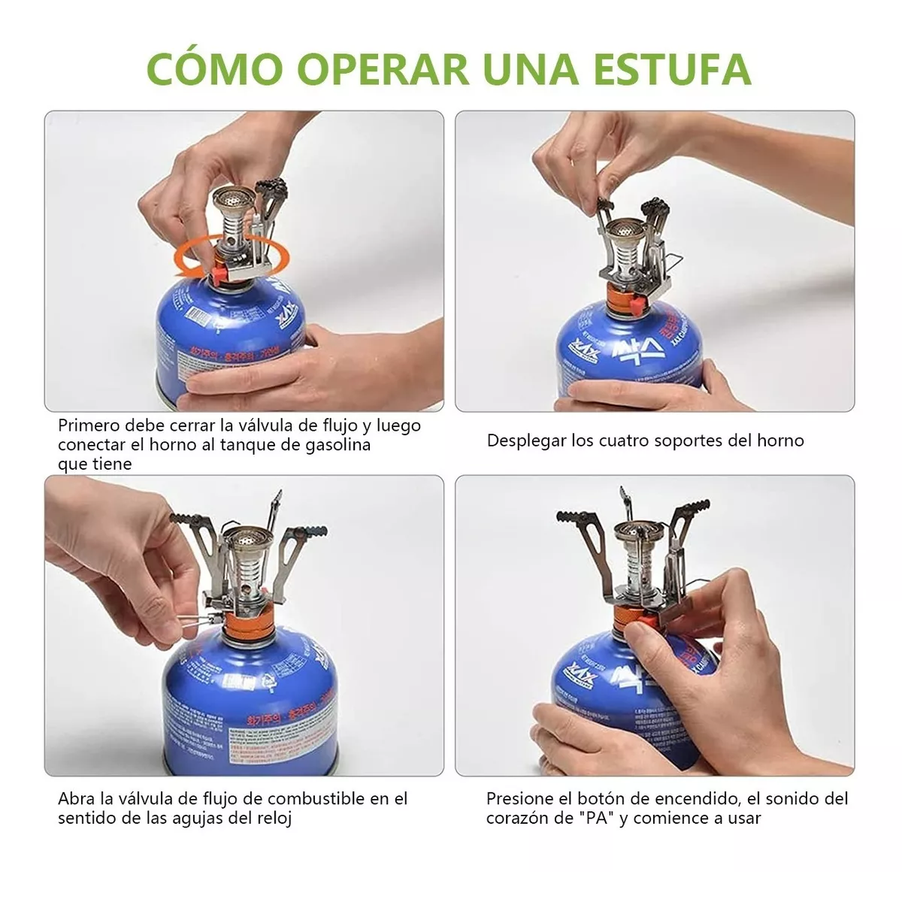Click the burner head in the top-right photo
tap(625, 231)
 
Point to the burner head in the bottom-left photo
tap(245, 538)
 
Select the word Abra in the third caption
tap(76, 798)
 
